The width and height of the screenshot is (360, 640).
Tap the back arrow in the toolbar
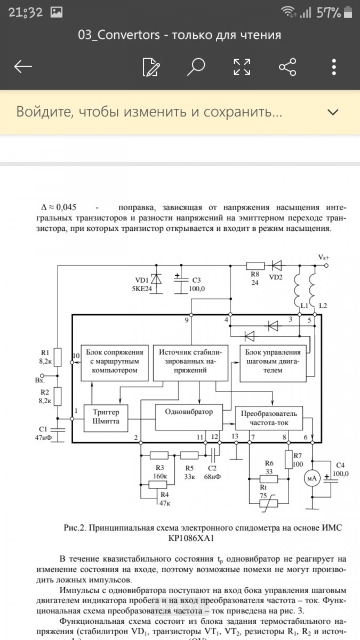click(x=23, y=67)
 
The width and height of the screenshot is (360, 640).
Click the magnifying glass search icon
click(x=196, y=67)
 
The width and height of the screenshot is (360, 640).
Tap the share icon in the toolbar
click(x=287, y=67)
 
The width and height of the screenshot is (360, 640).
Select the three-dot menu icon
click(x=334, y=67)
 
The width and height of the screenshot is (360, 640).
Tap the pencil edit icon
click(x=151, y=67)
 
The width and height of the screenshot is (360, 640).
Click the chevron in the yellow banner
click(x=333, y=112)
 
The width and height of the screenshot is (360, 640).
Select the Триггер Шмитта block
click(x=110, y=418)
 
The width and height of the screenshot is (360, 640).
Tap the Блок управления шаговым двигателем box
click(x=273, y=364)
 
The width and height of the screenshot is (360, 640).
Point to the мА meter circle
click(x=311, y=478)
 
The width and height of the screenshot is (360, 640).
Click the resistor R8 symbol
click(x=254, y=266)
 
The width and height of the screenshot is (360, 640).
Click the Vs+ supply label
click(x=324, y=258)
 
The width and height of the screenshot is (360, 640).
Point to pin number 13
click(x=235, y=437)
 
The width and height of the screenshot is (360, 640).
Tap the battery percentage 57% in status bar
click(x=329, y=13)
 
